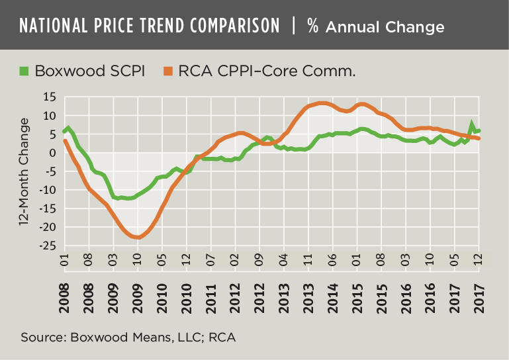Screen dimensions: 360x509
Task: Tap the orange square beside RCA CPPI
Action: tap(167, 69)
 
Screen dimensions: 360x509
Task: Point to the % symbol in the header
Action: tap(314, 26)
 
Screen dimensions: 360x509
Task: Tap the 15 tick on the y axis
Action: tap(50, 98)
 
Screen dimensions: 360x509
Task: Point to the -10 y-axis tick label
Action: tap(48, 191)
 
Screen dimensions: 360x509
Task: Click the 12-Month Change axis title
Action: tap(25, 172)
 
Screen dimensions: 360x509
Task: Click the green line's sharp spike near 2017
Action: tap(471, 124)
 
